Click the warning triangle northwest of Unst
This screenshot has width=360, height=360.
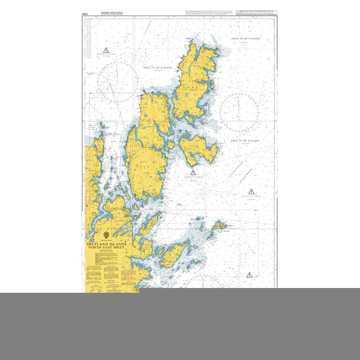pos(106,50)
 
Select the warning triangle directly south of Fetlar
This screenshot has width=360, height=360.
pos(193,173)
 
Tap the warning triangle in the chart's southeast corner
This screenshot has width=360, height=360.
pos(249,274)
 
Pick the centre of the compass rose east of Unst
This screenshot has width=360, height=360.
pos(239,112)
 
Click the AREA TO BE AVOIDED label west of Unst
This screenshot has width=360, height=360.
pos(158,68)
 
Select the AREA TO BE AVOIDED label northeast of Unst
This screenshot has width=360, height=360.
pos(245,38)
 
